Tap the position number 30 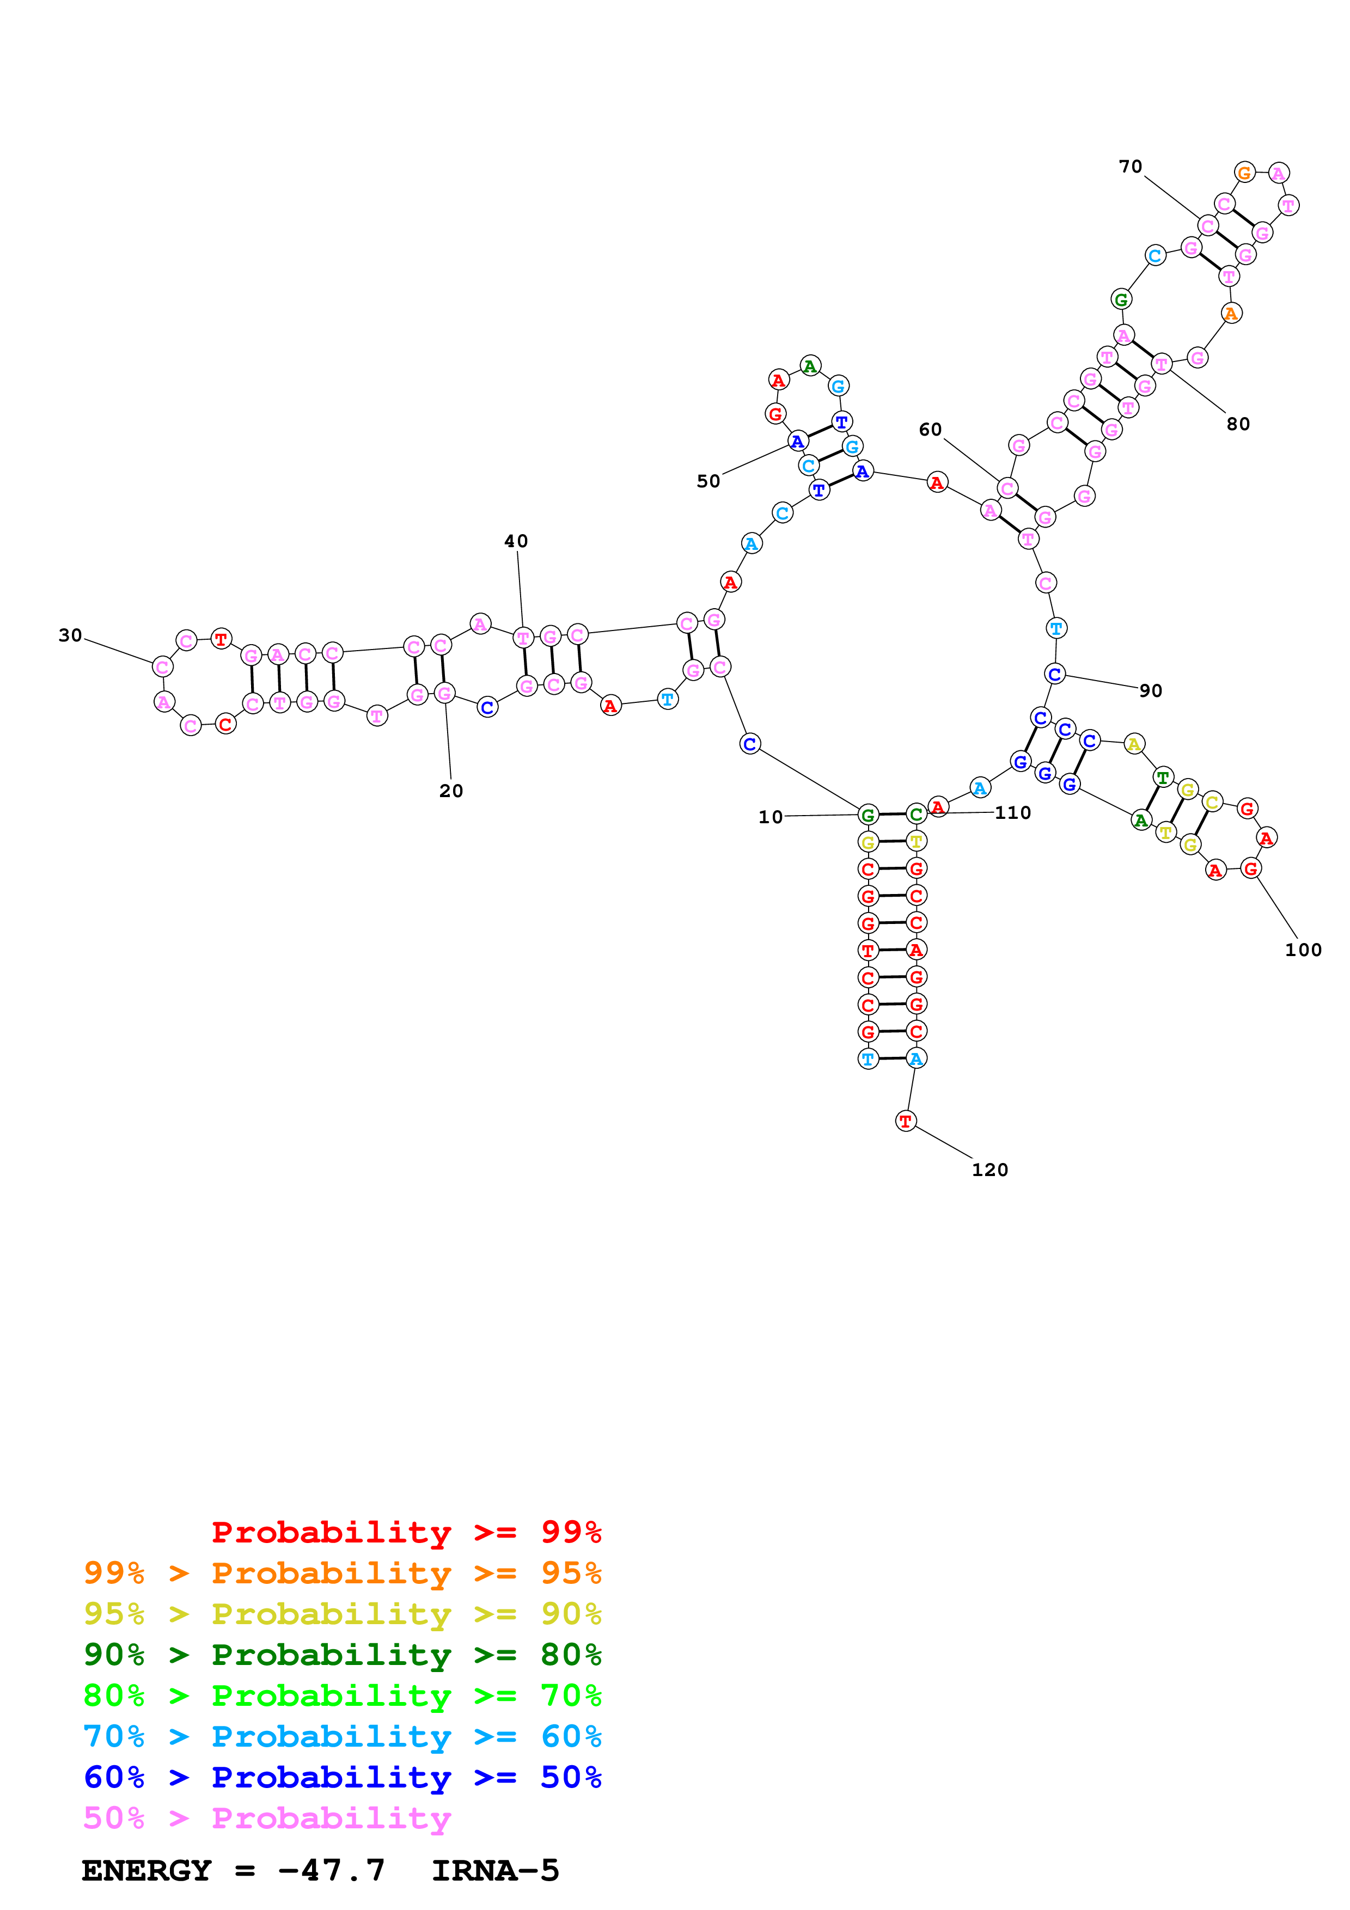pyautogui.click(x=70, y=635)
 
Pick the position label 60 pyautogui.click(x=930, y=429)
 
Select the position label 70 pyautogui.click(x=1129, y=167)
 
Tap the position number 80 pyautogui.click(x=1238, y=424)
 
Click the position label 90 pyautogui.click(x=1150, y=690)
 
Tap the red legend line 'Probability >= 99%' pyautogui.click(x=406, y=1532)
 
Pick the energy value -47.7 pyautogui.click(x=331, y=1870)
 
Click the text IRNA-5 pyautogui.click(x=495, y=1870)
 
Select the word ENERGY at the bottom pyautogui.click(x=146, y=1870)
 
